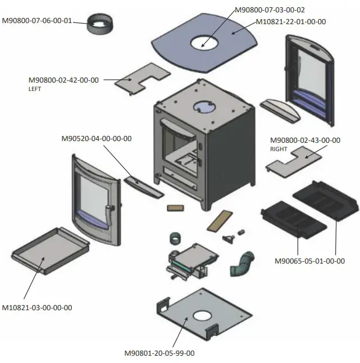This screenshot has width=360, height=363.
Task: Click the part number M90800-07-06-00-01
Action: point(37,21)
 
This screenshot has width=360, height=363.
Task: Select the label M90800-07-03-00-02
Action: point(270,10)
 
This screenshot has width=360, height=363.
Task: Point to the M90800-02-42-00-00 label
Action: point(63,80)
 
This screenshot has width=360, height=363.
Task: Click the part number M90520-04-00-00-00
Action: point(97,138)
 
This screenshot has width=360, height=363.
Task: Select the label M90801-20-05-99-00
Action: point(159,353)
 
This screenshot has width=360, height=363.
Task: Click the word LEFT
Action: point(35,89)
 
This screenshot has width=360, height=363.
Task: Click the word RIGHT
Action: point(279,149)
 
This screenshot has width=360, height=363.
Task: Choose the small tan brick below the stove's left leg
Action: point(175,207)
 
